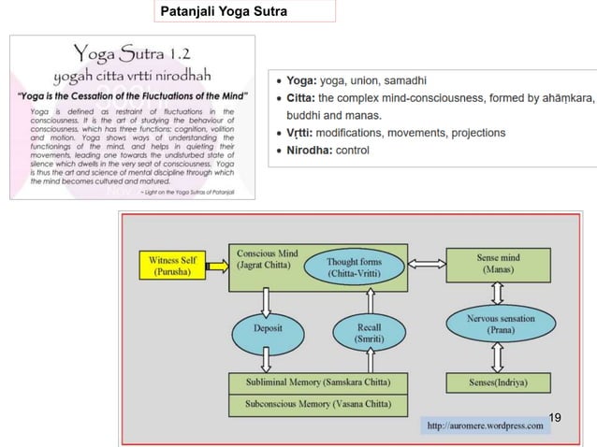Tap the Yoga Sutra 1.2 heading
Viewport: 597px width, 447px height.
[x=130, y=51]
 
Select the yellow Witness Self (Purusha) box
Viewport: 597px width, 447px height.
[x=174, y=265]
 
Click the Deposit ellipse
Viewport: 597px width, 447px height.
[x=268, y=328]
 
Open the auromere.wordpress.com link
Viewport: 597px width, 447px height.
[x=485, y=425]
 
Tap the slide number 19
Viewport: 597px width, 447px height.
[x=556, y=416]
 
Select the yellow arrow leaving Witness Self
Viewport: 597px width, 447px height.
[x=217, y=265]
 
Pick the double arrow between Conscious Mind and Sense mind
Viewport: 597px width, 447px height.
[x=427, y=264]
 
